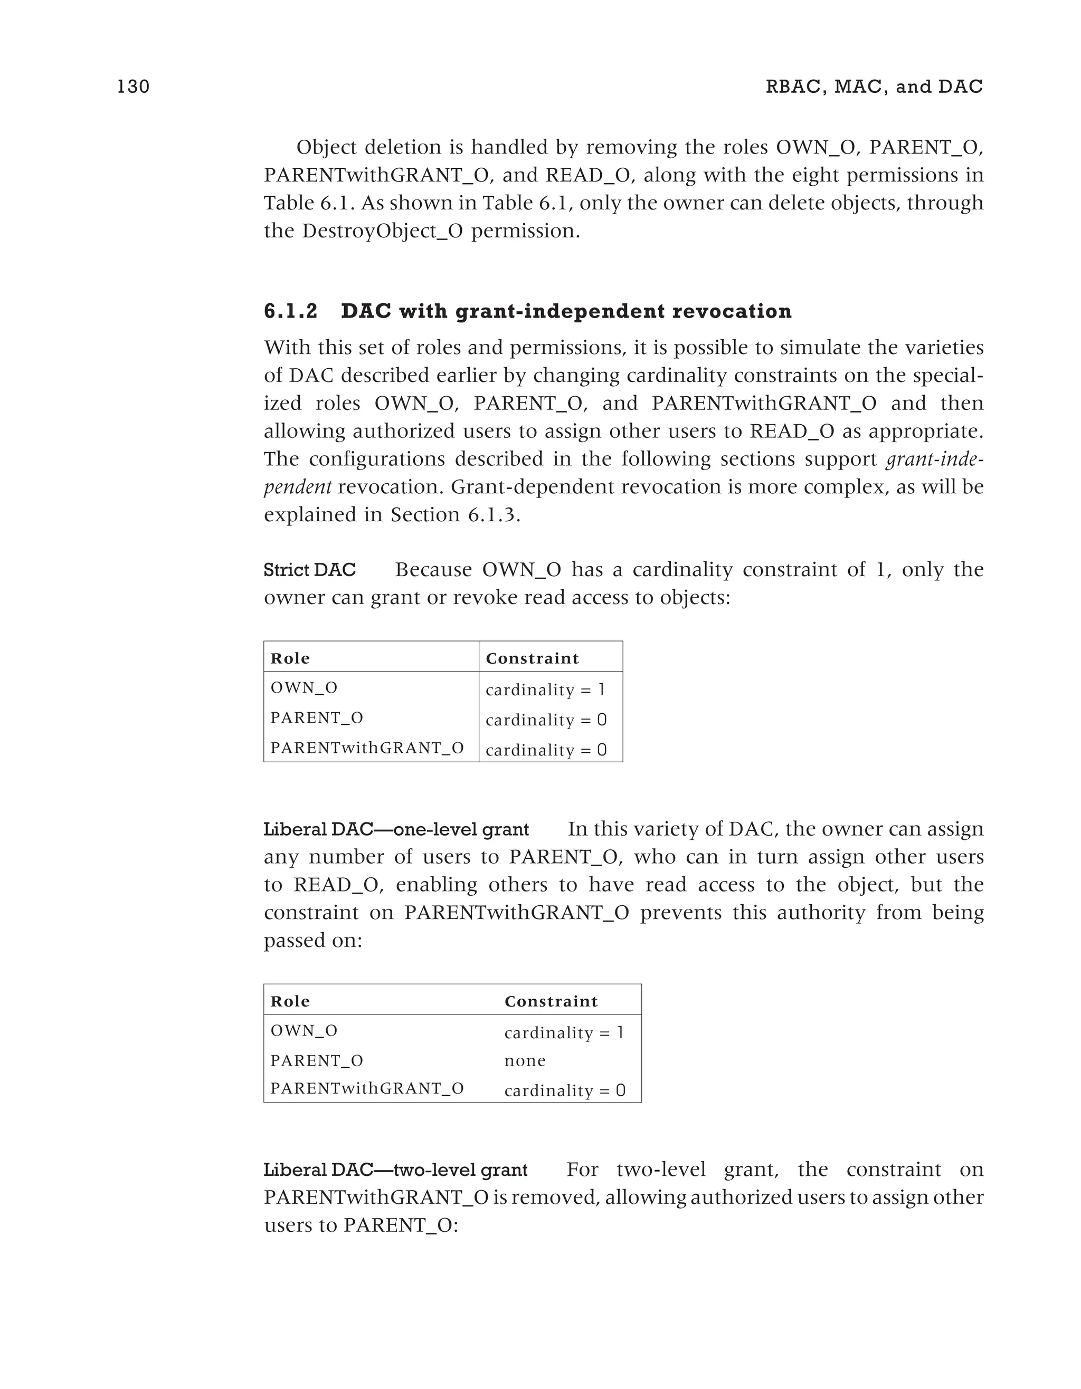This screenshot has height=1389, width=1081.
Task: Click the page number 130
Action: click(134, 87)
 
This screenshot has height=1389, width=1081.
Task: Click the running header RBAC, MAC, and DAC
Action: click(874, 87)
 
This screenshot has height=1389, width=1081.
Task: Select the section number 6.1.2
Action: click(290, 311)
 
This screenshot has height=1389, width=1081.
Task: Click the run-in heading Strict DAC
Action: click(310, 570)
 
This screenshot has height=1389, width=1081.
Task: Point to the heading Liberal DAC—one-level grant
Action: click(396, 829)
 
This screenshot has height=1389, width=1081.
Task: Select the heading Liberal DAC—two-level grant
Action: click(395, 1170)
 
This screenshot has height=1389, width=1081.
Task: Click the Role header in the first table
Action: click(290, 658)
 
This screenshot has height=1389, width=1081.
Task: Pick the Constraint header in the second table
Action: click(551, 1001)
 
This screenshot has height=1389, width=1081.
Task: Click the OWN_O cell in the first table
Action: click(304, 687)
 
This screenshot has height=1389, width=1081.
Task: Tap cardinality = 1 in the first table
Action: click(545, 689)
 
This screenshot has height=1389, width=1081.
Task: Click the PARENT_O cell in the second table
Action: click(317, 1060)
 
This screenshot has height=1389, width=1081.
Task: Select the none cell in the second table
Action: click(525, 1060)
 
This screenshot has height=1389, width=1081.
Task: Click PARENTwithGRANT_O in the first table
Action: click(367, 748)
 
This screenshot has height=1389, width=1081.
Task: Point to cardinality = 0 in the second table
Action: click(564, 1091)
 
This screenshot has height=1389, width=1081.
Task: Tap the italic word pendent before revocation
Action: click(297, 487)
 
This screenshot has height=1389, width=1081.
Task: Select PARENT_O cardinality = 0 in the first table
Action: click(546, 720)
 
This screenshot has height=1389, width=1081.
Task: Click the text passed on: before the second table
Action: click(312, 940)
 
